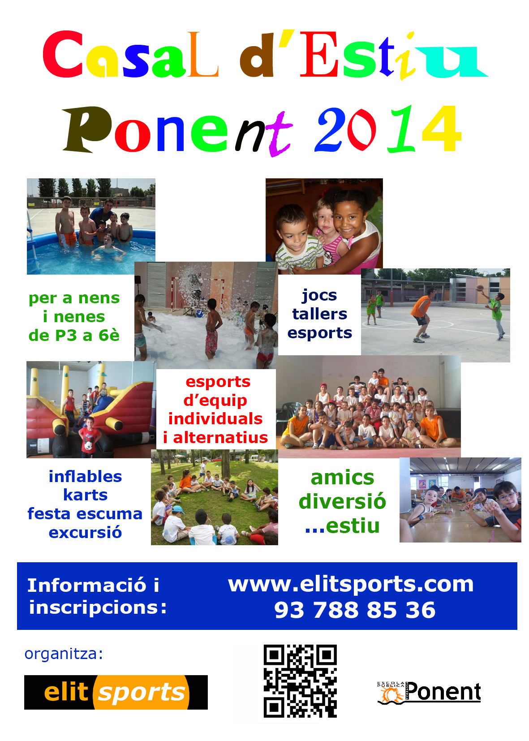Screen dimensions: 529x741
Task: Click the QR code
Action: point(300,681)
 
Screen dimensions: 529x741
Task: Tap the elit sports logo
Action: point(116,692)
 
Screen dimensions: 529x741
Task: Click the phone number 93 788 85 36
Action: point(355,610)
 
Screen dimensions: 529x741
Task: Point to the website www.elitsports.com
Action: point(351,585)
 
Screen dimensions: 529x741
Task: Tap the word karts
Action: point(86,495)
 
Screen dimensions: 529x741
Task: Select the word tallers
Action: point(319,314)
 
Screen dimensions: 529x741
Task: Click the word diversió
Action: point(342,501)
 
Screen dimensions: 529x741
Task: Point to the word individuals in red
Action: point(215,418)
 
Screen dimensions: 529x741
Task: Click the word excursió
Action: point(86,532)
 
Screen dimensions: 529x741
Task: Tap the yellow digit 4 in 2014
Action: point(442,128)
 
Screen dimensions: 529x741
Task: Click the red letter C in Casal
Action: point(63,54)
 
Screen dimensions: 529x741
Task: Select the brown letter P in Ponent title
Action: point(87,129)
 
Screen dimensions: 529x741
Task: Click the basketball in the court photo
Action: point(479,288)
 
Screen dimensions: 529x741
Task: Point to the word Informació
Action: point(87,585)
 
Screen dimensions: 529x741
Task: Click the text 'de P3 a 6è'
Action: point(74,336)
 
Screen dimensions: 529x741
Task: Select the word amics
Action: point(342,478)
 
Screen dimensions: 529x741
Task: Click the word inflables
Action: point(86,477)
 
